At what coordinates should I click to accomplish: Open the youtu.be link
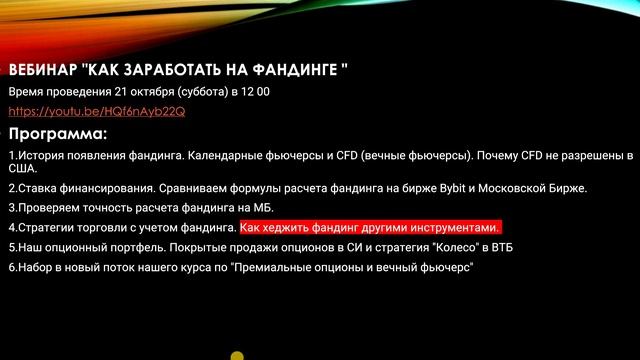96,111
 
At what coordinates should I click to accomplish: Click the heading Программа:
57,134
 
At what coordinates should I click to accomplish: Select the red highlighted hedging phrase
370,228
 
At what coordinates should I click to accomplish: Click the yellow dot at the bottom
237,354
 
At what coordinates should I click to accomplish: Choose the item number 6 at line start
11,268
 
